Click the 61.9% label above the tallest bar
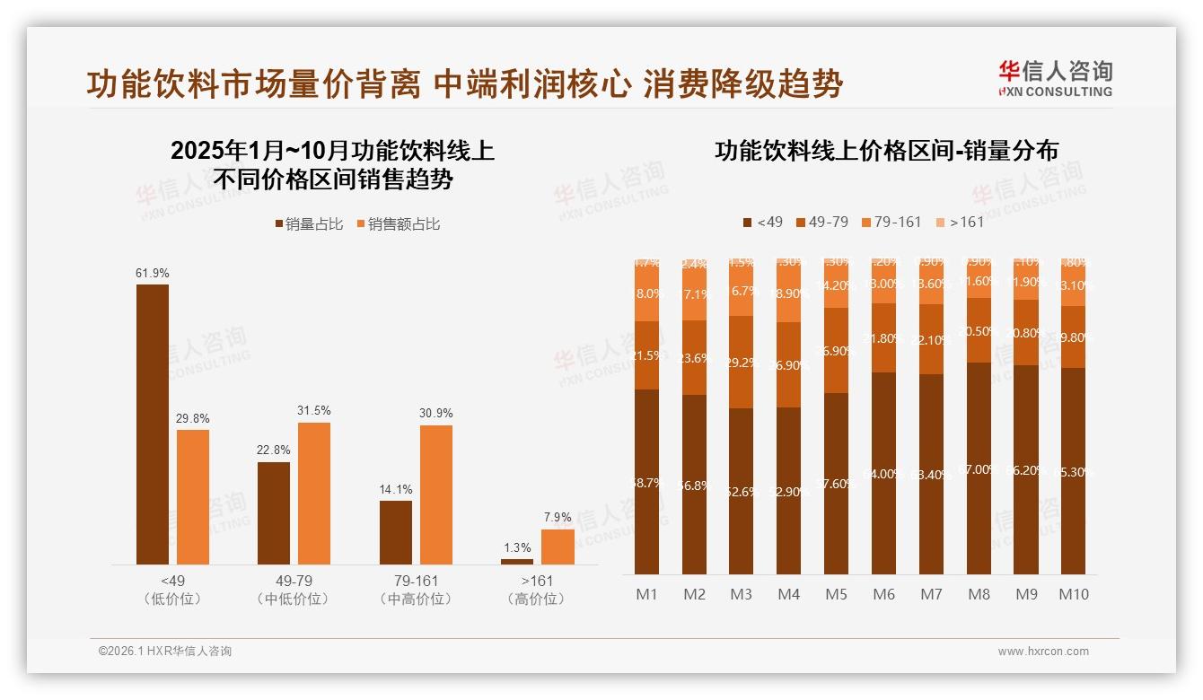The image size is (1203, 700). point(152,273)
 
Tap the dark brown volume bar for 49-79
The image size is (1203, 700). point(273,512)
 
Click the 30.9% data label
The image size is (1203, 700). point(435,414)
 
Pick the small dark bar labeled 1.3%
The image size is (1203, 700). point(516,561)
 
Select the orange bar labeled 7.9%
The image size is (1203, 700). point(558,547)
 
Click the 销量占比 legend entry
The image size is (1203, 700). point(309,223)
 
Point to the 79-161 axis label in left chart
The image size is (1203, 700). point(415,581)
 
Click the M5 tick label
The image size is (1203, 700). point(837,594)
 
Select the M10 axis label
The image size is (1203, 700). point(1073,594)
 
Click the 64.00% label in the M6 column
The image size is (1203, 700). point(884,474)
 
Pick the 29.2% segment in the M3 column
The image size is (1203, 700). point(742,363)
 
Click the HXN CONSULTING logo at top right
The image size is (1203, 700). point(1055,79)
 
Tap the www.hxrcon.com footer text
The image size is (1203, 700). point(1042,652)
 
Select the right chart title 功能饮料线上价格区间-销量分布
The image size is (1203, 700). point(885,151)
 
